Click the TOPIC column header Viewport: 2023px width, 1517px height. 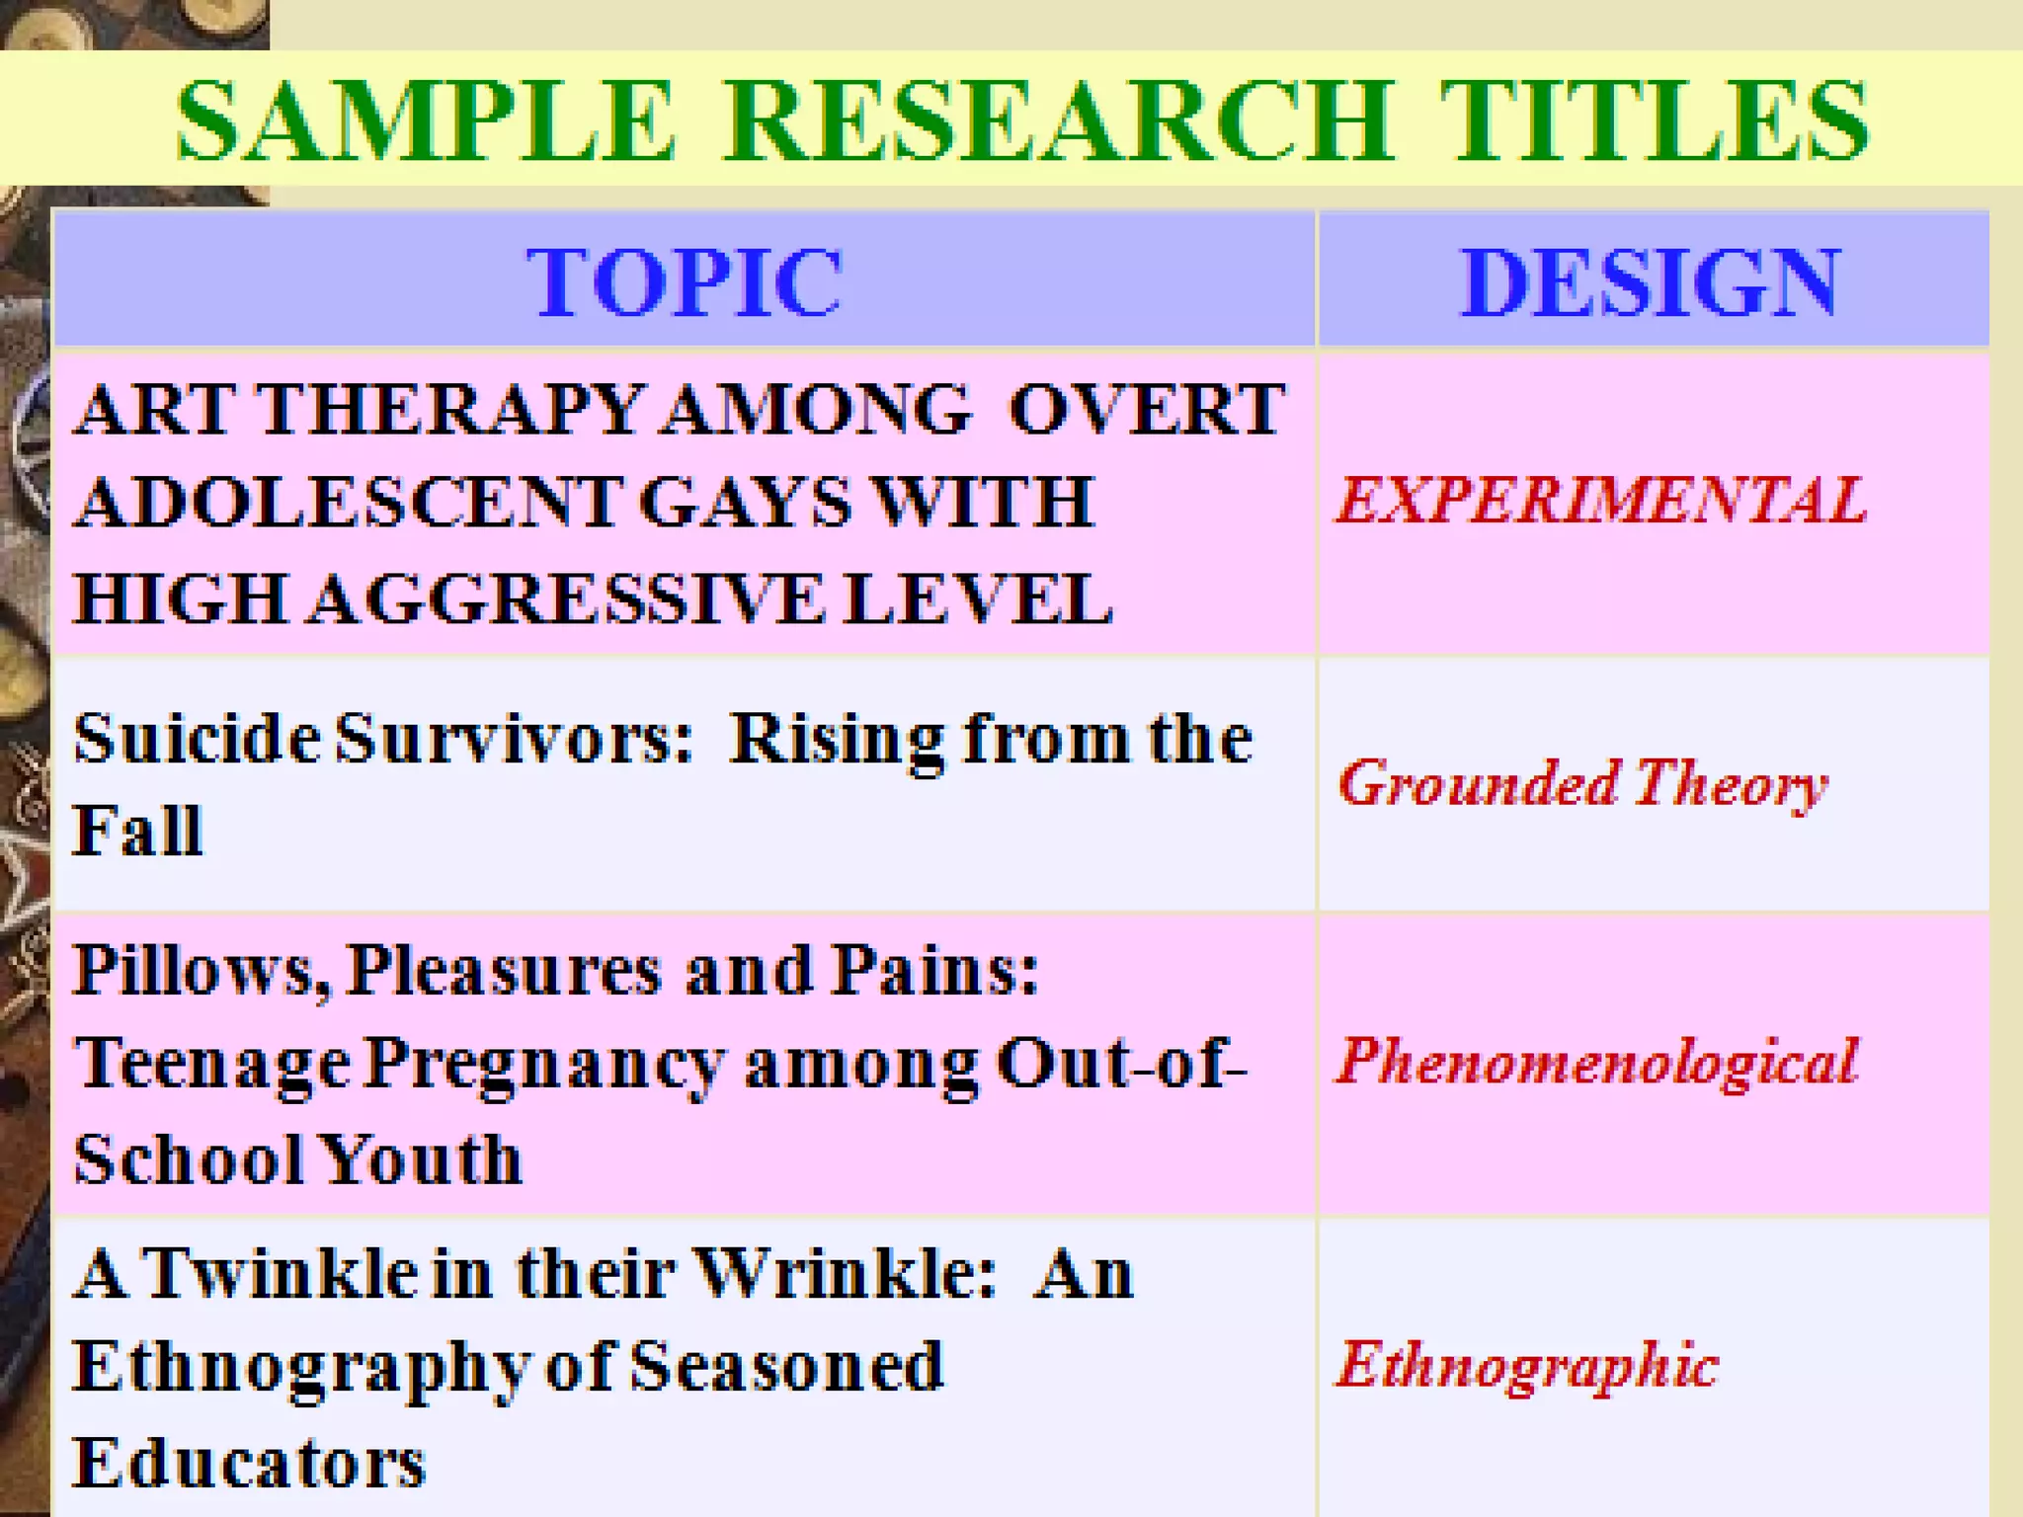click(x=684, y=282)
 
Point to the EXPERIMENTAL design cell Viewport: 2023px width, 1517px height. click(x=1600, y=500)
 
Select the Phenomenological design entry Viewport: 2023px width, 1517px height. click(x=1596, y=1063)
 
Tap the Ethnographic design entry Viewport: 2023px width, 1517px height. click(x=1527, y=1367)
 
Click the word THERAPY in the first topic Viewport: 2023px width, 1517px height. click(x=450, y=409)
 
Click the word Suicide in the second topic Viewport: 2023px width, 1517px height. click(x=196, y=739)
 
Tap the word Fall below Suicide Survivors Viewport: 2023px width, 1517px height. click(x=138, y=830)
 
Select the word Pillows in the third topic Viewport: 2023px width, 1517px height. click(x=202, y=970)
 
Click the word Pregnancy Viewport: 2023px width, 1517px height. click(x=545, y=1065)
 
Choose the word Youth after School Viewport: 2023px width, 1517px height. click(x=421, y=1159)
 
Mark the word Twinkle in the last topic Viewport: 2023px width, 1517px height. click(x=281, y=1274)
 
